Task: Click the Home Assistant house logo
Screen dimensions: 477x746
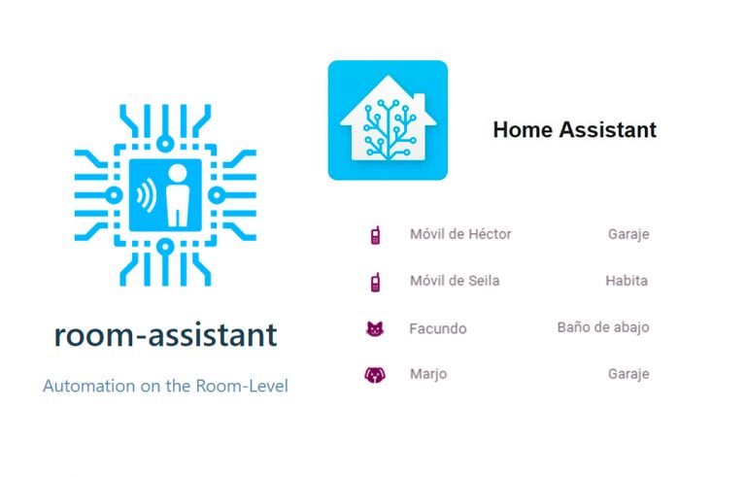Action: tap(388, 120)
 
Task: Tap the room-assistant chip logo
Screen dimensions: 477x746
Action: tap(165, 194)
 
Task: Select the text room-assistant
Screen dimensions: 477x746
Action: tap(165, 336)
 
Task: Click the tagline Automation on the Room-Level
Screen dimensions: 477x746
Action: tap(165, 386)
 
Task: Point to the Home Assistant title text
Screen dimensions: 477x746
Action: tap(574, 129)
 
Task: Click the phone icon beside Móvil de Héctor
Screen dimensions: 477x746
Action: tap(375, 235)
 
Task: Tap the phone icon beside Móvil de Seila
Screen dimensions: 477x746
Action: tap(375, 282)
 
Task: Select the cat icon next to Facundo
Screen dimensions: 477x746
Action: tap(375, 328)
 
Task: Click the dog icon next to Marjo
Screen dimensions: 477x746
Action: tap(375, 374)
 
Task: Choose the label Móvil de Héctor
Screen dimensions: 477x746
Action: tap(460, 234)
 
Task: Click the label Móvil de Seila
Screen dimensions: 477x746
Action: tap(455, 281)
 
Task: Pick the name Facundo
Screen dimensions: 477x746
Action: tap(438, 328)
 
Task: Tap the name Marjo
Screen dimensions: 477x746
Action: tap(428, 374)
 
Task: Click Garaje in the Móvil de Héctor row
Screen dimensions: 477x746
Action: tap(628, 234)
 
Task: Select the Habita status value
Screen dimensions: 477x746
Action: tap(627, 281)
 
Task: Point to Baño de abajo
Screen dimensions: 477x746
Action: tap(603, 327)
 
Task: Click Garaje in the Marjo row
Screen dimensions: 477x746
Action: tap(628, 373)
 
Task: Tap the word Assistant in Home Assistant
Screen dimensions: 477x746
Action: tap(609, 129)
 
